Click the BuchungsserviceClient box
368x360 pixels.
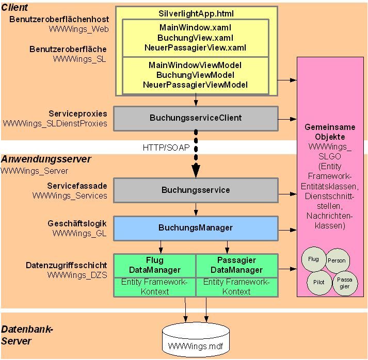pyautogui.click(x=196, y=118)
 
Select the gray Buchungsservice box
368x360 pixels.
pyautogui.click(x=196, y=190)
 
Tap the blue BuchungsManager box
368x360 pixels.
pyautogui.click(x=196, y=227)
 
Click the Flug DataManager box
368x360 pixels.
pyautogui.click(x=154, y=265)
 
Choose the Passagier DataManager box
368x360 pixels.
pyautogui.click(x=237, y=265)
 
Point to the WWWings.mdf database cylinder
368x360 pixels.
pyautogui.click(x=195, y=339)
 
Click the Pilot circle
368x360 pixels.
pyautogui.click(x=319, y=282)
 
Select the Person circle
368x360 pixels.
pyautogui.click(x=337, y=261)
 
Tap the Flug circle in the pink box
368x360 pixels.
pyautogui.click(x=313, y=259)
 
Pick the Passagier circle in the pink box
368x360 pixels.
pyautogui.click(x=344, y=283)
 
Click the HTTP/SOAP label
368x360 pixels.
pyautogui.click(x=166, y=148)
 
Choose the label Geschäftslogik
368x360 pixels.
pyautogui.click(x=77, y=223)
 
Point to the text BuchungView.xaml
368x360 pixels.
pyautogui.click(x=196, y=38)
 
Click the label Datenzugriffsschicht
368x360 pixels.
pyautogui.click(x=67, y=266)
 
